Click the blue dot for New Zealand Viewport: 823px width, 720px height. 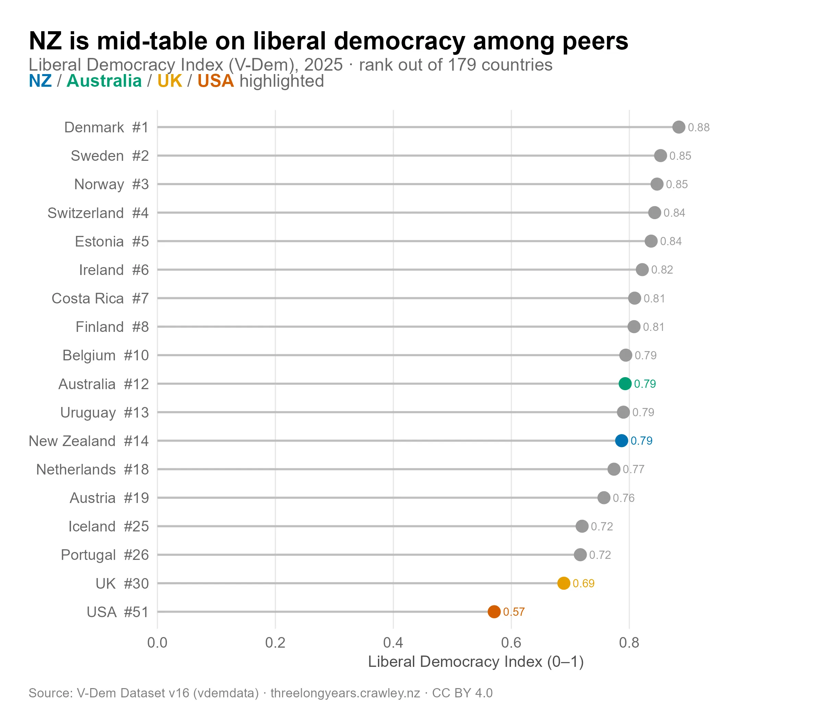pyautogui.click(x=621, y=441)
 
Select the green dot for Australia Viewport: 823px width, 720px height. pyautogui.click(x=625, y=384)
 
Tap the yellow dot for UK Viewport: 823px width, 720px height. pyautogui.click(x=563, y=583)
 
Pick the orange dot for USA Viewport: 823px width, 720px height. pyautogui.click(x=494, y=612)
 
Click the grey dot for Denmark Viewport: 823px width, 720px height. pyautogui.click(x=679, y=127)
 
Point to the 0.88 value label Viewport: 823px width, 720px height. pyautogui.click(x=699, y=127)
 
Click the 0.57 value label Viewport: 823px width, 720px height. pyautogui.click(x=514, y=612)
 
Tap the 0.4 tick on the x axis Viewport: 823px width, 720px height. pyautogui.click(x=393, y=643)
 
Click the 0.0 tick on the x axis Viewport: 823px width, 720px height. pyautogui.click(x=157, y=643)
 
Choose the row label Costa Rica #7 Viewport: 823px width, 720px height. pyautogui.click(x=100, y=299)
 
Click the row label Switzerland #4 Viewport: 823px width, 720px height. pyautogui.click(x=98, y=213)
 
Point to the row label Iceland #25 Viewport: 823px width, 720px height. pyautogui.click(x=108, y=526)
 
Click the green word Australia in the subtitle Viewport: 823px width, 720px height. pyautogui.click(x=104, y=81)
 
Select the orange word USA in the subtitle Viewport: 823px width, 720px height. pyautogui.click(x=215, y=81)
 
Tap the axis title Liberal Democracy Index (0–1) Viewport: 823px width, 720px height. pyautogui.click(x=475, y=662)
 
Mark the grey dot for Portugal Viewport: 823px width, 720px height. pyautogui.click(x=580, y=554)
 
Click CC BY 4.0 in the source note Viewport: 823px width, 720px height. pyautogui.click(x=462, y=693)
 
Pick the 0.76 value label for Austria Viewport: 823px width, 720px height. pyautogui.click(x=623, y=498)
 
